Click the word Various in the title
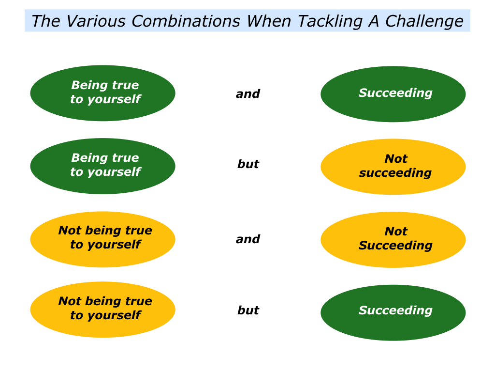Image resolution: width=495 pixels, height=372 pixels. (x=95, y=21)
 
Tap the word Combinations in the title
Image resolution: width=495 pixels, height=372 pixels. (x=186, y=21)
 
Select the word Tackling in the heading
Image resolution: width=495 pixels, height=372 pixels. (x=330, y=22)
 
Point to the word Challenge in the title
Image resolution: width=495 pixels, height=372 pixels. (x=424, y=22)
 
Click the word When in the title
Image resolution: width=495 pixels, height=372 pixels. (x=269, y=21)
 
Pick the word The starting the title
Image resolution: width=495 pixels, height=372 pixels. (x=46, y=21)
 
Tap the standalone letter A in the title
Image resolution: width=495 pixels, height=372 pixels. (x=374, y=21)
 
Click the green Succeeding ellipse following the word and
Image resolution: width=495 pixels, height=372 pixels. (x=393, y=94)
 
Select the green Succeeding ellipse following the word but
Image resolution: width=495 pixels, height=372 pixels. (x=393, y=312)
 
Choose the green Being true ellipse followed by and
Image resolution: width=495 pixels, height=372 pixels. (x=102, y=93)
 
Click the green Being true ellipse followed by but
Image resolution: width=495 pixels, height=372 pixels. (x=102, y=166)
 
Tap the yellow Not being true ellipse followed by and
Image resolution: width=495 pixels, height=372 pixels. (x=102, y=239)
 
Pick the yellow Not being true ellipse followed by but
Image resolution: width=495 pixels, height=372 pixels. (x=102, y=310)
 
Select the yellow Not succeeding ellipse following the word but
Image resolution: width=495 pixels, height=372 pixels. (x=393, y=167)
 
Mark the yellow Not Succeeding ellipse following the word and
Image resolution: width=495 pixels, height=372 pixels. (x=393, y=240)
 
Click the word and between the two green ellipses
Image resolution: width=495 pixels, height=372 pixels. (x=248, y=94)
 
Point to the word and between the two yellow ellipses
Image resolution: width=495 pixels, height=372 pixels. (x=248, y=239)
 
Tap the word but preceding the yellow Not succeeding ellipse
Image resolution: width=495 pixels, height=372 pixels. (x=248, y=164)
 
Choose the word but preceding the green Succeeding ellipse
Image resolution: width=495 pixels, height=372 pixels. (x=248, y=310)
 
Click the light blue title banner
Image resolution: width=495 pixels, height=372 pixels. (x=247, y=20)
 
